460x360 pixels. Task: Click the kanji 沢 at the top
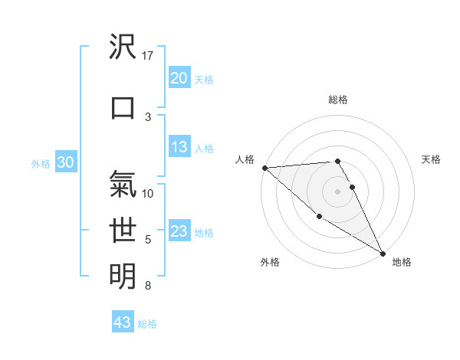point(123,48)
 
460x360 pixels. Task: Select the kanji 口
point(123,108)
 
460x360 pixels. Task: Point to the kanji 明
point(123,275)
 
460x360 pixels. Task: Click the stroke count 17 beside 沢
point(148,56)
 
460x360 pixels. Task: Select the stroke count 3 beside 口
point(148,116)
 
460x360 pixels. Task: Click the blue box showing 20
point(179,78)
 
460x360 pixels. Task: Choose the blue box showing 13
point(179,147)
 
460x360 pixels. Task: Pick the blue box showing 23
point(179,231)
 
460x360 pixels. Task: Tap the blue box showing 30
point(65,162)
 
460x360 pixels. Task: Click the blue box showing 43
point(123,322)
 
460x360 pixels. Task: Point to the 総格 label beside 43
point(147,324)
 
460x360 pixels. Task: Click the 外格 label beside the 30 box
point(41,164)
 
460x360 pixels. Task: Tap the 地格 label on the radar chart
point(402,262)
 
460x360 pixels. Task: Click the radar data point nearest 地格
point(383,254)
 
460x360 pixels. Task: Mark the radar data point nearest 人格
point(264,168)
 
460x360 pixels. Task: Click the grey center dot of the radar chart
point(337,191)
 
